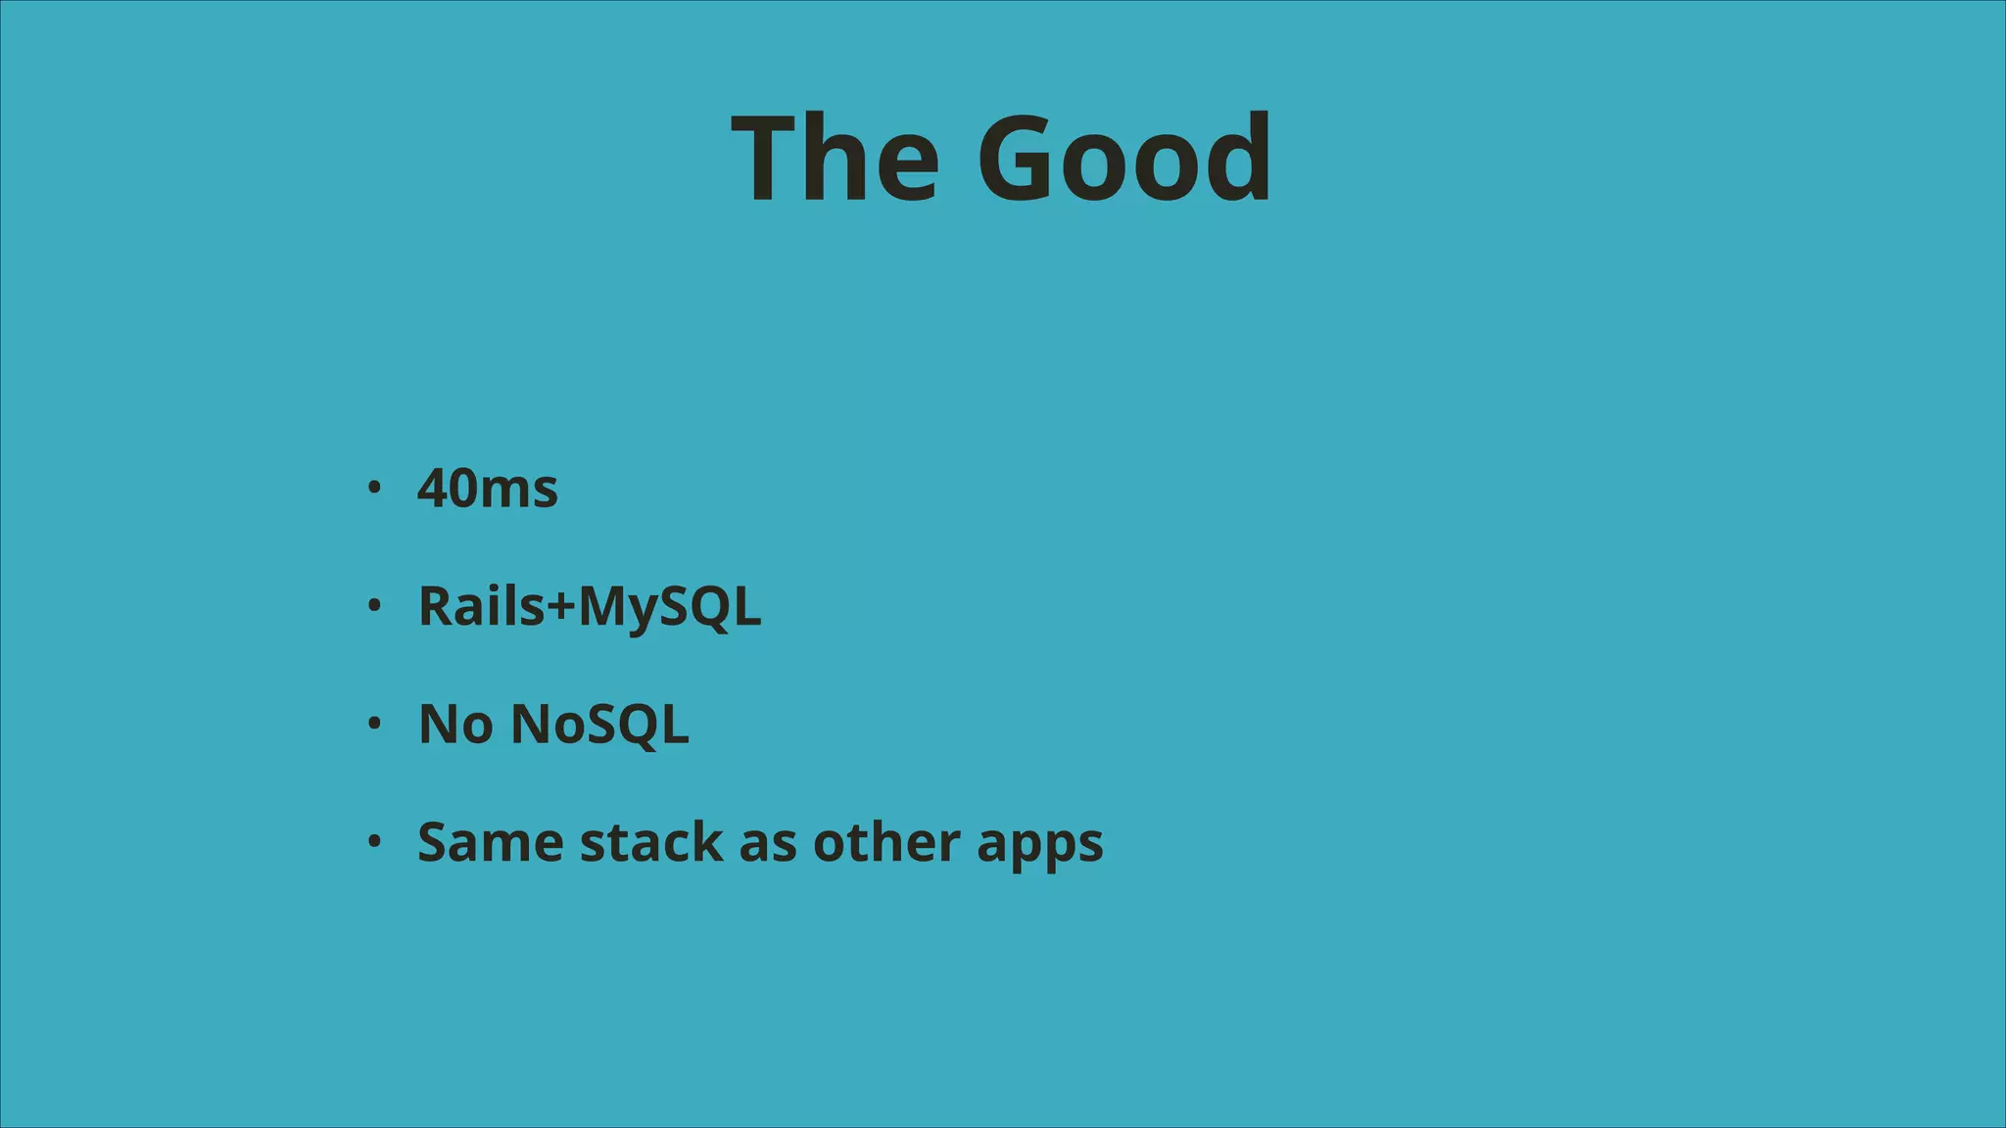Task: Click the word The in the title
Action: (x=834, y=159)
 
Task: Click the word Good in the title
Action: (x=1123, y=159)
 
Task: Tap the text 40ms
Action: (x=487, y=488)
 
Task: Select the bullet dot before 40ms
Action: (x=373, y=488)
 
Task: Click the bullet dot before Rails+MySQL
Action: (x=373, y=606)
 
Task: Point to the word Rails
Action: (x=481, y=606)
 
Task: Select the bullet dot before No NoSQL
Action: (x=373, y=725)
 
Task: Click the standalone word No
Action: (x=455, y=725)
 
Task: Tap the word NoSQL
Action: (x=599, y=725)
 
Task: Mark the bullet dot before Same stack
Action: (x=373, y=842)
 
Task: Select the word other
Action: (x=886, y=842)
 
